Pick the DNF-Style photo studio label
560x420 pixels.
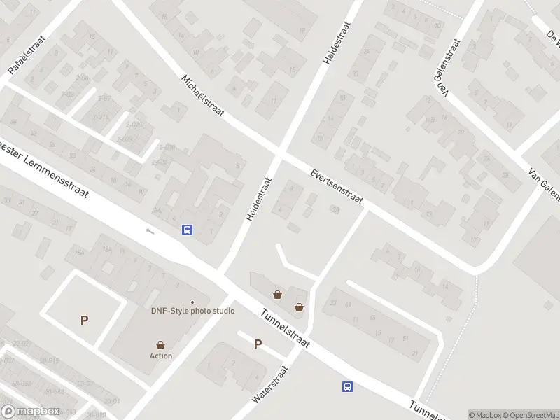pyautogui.click(x=192, y=311)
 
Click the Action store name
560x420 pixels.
pyautogui.click(x=161, y=356)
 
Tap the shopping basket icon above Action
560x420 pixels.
pyautogui.click(x=161, y=344)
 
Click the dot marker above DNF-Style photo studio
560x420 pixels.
pyautogui.click(x=192, y=302)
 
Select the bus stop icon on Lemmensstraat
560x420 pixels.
pyautogui.click(x=188, y=230)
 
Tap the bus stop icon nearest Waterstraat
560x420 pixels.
pyautogui.click(x=347, y=386)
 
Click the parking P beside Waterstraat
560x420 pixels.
pyautogui.click(x=258, y=344)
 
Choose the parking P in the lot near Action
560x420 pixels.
pyautogui.click(x=85, y=321)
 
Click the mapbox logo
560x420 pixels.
pyautogui.click(x=31, y=412)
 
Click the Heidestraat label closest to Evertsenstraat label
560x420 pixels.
pyautogui.click(x=258, y=199)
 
